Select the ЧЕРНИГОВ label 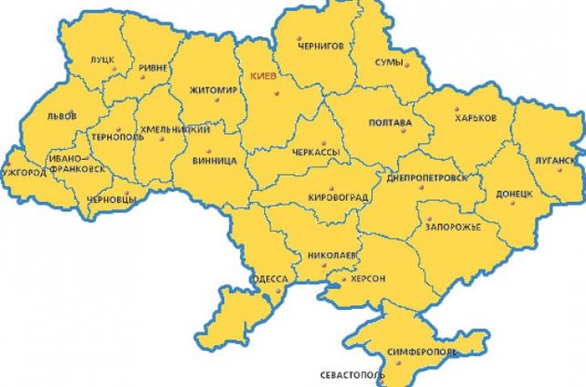click(321, 44)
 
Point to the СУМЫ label click(389, 62)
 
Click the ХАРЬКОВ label click(475, 118)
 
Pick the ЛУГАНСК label click(555, 159)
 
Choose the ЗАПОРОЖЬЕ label click(453, 226)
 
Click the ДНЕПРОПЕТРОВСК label click(424, 176)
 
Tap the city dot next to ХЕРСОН click(343, 278)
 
